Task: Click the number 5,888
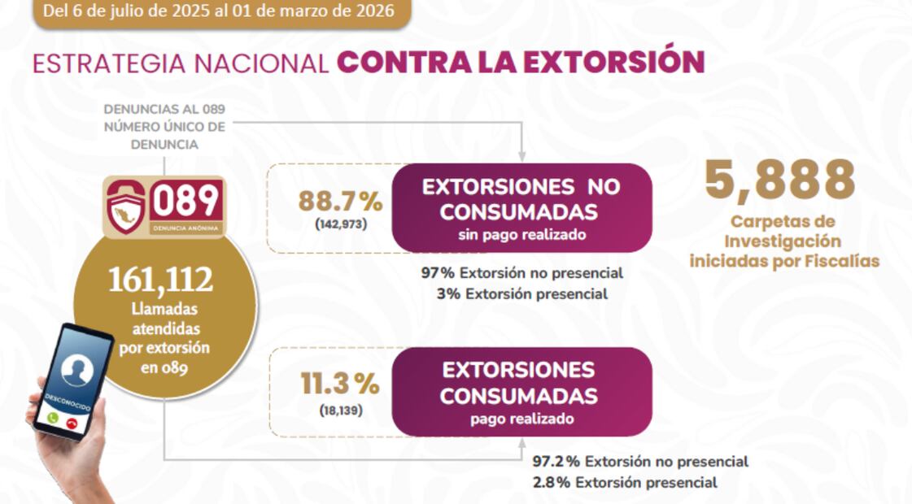(x=779, y=180)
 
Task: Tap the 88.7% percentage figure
(x=338, y=200)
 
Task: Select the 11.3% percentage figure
(x=340, y=384)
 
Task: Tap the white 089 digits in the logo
(x=186, y=200)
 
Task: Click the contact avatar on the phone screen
(x=76, y=370)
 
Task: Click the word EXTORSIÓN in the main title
(x=617, y=63)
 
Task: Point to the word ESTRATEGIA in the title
(x=106, y=63)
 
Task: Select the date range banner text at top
(x=217, y=11)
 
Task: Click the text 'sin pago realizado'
(x=521, y=235)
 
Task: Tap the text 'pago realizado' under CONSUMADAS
(x=521, y=419)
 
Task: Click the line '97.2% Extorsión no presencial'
(x=640, y=462)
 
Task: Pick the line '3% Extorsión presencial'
(x=521, y=294)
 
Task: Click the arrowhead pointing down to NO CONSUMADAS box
(x=521, y=157)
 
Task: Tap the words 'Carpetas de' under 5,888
(x=783, y=222)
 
